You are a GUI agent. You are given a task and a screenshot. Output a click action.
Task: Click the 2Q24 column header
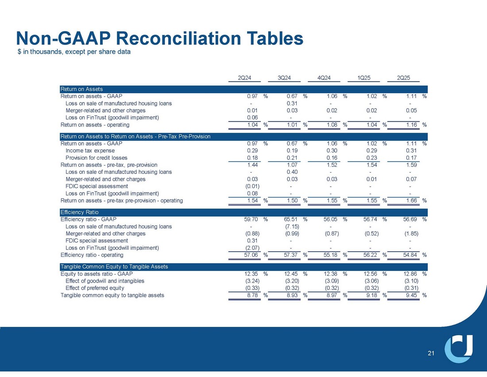(245, 78)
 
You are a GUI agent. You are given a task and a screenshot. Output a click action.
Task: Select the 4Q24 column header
(325, 78)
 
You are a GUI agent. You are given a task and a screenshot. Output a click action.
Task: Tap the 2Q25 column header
(404, 78)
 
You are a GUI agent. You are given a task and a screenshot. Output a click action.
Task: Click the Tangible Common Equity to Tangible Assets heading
(114, 266)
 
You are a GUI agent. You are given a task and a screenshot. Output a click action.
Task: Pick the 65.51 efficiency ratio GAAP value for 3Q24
(293, 219)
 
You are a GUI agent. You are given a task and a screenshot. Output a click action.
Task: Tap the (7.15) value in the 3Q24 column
(292, 226)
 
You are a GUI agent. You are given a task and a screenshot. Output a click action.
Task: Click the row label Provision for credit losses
(96, 158)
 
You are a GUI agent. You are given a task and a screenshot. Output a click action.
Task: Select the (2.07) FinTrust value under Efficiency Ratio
(252, 248)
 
